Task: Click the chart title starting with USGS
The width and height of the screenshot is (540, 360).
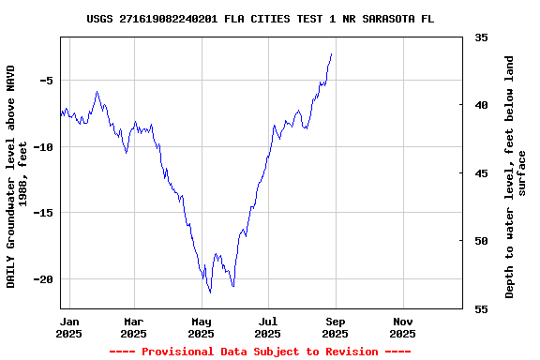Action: [260, 19]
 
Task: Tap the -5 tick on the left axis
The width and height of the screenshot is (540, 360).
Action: [45, 81]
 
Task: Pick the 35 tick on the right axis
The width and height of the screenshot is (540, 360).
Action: [481, 37]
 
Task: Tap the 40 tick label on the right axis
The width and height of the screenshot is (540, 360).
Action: [481, 105]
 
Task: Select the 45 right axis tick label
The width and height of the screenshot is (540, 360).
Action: [481, 173]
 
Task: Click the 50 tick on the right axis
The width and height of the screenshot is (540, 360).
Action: [481, 241]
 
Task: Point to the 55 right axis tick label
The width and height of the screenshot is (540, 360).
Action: [481, 308]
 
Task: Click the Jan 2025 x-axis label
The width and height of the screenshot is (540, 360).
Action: [68, 327]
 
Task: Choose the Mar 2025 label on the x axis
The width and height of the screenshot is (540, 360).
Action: [134, 327]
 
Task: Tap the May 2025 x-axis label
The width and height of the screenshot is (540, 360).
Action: [202, 327]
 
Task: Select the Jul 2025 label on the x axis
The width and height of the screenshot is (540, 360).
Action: [268, 327]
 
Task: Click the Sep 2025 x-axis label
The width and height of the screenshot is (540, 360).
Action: [335, 327]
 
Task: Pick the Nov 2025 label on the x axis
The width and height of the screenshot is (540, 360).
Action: [402, 327]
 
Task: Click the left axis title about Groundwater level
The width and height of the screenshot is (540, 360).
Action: [17, 176]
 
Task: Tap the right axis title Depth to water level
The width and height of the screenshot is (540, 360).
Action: [516, 176]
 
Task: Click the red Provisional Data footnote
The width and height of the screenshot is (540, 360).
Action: [260, 352]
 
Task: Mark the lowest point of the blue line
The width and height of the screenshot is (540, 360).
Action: [211, 292]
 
